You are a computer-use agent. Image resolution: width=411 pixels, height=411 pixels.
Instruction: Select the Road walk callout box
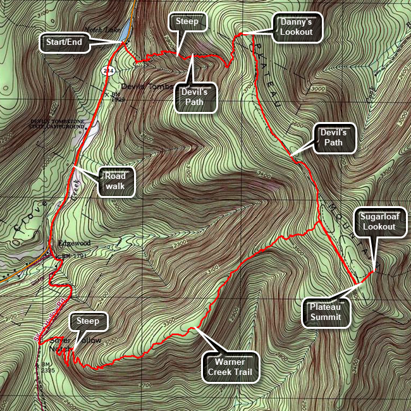[116, 182]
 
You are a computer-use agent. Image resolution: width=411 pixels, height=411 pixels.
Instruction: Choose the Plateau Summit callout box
[326, 312]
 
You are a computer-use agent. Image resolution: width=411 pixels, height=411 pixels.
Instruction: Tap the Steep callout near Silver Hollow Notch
[88, 321]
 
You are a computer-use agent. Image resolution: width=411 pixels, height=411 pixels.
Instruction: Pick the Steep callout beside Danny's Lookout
[187, 21]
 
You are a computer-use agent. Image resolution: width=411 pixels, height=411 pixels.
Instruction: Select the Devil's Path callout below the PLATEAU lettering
[333, 137]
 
